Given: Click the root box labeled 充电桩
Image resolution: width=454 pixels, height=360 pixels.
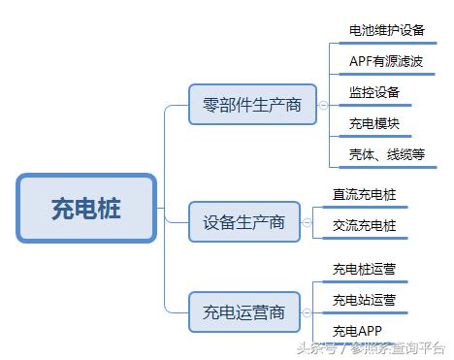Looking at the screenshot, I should click(86, 209).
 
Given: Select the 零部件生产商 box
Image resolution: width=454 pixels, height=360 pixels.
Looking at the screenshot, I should click(252, 104).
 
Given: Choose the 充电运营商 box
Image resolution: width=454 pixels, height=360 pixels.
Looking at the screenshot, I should click(244, 311).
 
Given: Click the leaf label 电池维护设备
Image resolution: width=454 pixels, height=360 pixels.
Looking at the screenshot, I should click(386, 30).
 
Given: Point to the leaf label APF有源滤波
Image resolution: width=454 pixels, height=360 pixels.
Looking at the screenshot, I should click(385, 61).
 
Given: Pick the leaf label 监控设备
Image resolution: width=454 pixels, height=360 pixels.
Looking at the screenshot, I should click(373, 93).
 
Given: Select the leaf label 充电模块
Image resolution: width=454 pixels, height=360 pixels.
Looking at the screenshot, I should click(373, 123).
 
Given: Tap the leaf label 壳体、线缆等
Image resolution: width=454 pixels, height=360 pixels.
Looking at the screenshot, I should click(386, 154).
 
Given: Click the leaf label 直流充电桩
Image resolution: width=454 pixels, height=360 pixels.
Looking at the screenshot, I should click(364, 194).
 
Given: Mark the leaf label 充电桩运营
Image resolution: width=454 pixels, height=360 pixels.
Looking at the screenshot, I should click(364, 269).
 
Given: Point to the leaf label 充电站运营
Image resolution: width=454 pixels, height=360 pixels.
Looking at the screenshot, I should click(364, 300).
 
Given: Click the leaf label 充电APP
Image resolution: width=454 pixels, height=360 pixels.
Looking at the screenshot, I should click(357, 330).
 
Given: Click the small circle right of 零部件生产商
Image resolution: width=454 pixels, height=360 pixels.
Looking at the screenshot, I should click(323, 104).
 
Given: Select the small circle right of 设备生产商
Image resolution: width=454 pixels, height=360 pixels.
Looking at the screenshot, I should click(305, 222).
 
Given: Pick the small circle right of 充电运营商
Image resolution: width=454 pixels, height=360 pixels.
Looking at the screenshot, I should click(305, 311).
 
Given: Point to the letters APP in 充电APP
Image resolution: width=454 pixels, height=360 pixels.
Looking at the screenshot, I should click(370, 330).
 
